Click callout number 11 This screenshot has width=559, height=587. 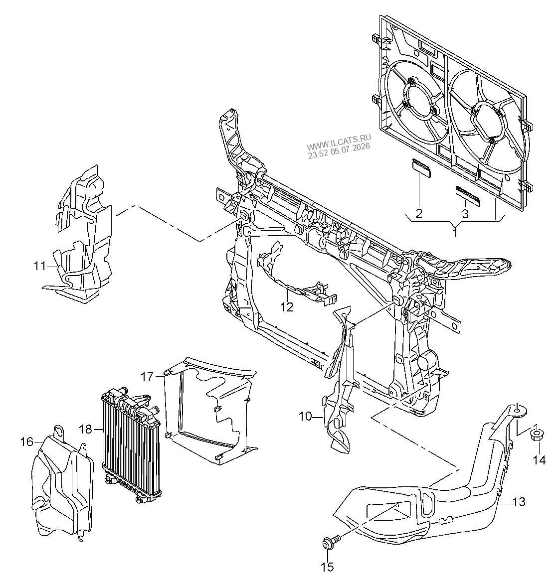[x=39, y=266]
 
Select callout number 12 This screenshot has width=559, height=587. [x=287, y=307]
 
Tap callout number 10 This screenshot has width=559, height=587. [x=305, y=416]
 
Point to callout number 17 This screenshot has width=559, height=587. [x=147, y=376]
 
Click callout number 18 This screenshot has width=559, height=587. [x=86, y=429]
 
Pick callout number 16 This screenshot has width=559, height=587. [x=27, y=442]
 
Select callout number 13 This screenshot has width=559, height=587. [x=519, y=501]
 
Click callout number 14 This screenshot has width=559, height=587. [x=540, y=460]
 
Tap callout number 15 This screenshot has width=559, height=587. [x=327, y=567]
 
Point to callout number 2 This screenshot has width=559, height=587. [x=419, y=213]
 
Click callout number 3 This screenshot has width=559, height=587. [x=465, y=214]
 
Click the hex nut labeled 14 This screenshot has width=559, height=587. [x=537, y=435]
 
